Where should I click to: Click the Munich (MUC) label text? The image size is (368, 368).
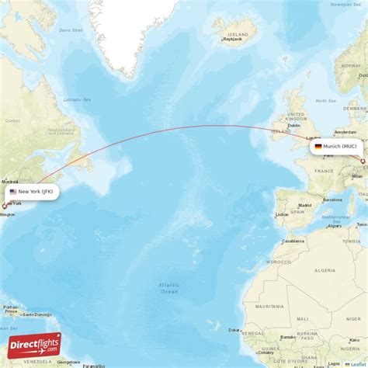click(340, 146)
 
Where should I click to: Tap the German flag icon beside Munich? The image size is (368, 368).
click(318, 146)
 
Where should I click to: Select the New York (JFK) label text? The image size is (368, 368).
click(36, 191)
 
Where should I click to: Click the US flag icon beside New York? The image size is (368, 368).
click(13, 191)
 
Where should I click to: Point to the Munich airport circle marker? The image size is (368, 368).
click(363, 161)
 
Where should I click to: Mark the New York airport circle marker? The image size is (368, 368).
click(4, 207)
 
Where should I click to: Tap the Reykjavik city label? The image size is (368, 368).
click(227, 43)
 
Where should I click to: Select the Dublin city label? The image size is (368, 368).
click(293, 125)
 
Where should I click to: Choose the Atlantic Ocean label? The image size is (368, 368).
click(168, 287)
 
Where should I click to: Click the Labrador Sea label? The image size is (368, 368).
click(76, 99)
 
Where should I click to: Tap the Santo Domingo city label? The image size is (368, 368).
click(37, 314)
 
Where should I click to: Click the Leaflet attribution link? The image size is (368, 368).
click(358, 363)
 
